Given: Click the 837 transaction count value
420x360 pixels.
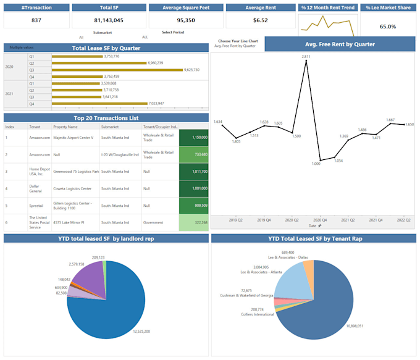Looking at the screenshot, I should pyautogui.click(x=36, y=20).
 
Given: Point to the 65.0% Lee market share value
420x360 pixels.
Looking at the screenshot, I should pyautogui.click(x=388, y=27).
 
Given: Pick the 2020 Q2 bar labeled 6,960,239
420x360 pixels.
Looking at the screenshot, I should pyautogui.click(x=99, y=63).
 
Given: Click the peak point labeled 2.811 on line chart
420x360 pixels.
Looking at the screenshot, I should pyautogui.click(x=306, y=61).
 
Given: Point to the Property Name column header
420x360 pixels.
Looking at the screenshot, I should pyautogui.click(x=65, y=127).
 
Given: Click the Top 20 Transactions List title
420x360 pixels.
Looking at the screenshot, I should pyautogui.click(x=106, y=118).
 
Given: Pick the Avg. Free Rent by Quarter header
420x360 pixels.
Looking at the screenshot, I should pyautogui.click(x=340, y=44).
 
